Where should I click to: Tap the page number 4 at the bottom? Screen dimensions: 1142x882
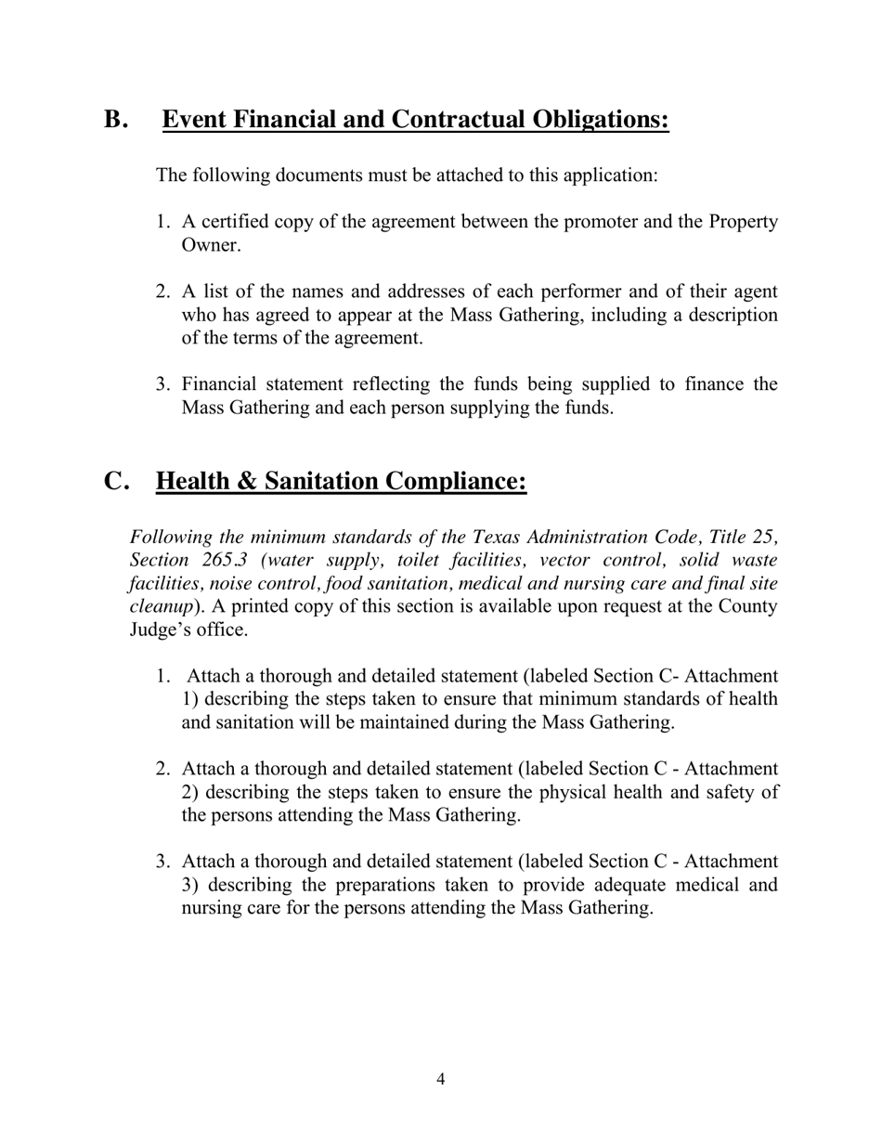[x=440, y=1079]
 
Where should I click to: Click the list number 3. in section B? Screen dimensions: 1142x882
[x=163, y=384]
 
